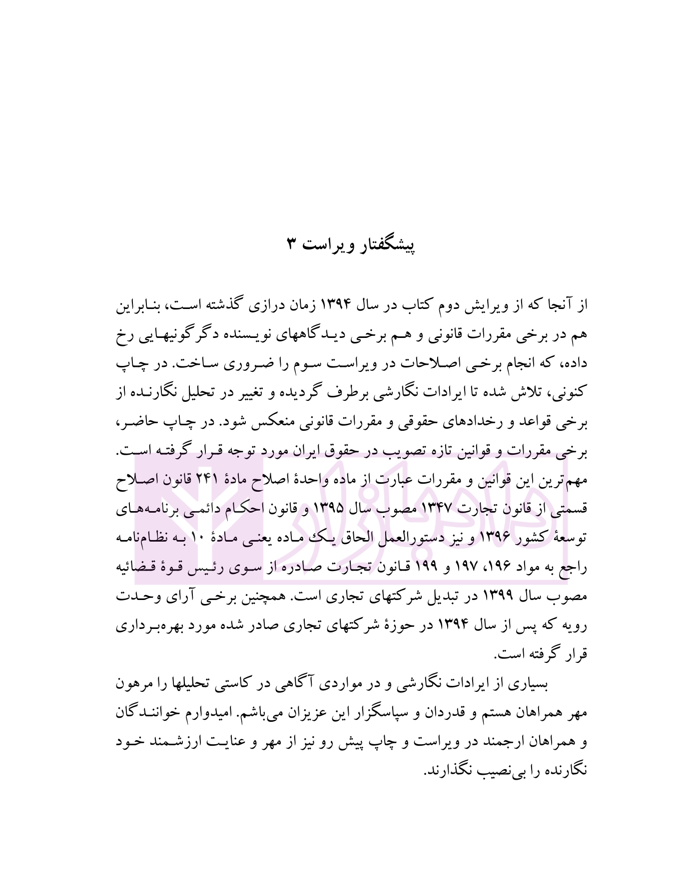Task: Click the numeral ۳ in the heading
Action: [x=293, y=245]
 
